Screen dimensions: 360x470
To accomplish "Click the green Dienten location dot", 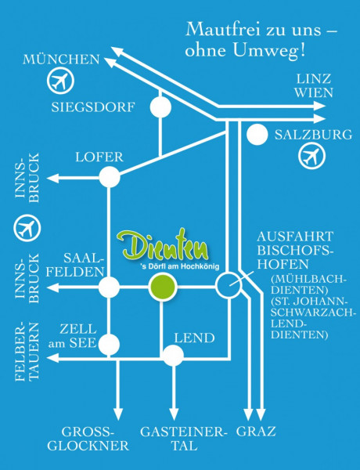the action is pos(163,287).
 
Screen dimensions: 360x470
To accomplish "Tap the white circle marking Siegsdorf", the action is pos(160,107).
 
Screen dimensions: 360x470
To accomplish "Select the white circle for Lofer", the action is pos(110,177).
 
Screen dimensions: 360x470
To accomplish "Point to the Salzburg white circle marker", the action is pos(257,134).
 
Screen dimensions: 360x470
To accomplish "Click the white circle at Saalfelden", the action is pos(109,287).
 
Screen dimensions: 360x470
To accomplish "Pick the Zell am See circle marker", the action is pos(109,344).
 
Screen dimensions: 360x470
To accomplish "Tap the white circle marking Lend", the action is pos(173,356).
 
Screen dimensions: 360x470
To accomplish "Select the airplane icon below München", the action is pos(60,81).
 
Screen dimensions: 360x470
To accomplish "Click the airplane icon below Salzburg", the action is pos(311,156).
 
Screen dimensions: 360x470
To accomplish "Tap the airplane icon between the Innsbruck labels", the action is pos(27,228).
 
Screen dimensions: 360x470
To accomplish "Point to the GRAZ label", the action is pos(256,432).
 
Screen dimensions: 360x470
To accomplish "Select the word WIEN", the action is pos(313,93).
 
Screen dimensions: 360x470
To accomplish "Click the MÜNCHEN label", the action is pos(61,60).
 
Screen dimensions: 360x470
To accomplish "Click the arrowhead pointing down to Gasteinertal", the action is pos(174,414).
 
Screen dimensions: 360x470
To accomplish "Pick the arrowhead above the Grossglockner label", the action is pos(118,414).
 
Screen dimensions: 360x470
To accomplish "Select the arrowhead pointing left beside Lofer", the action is pos(52,179).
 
